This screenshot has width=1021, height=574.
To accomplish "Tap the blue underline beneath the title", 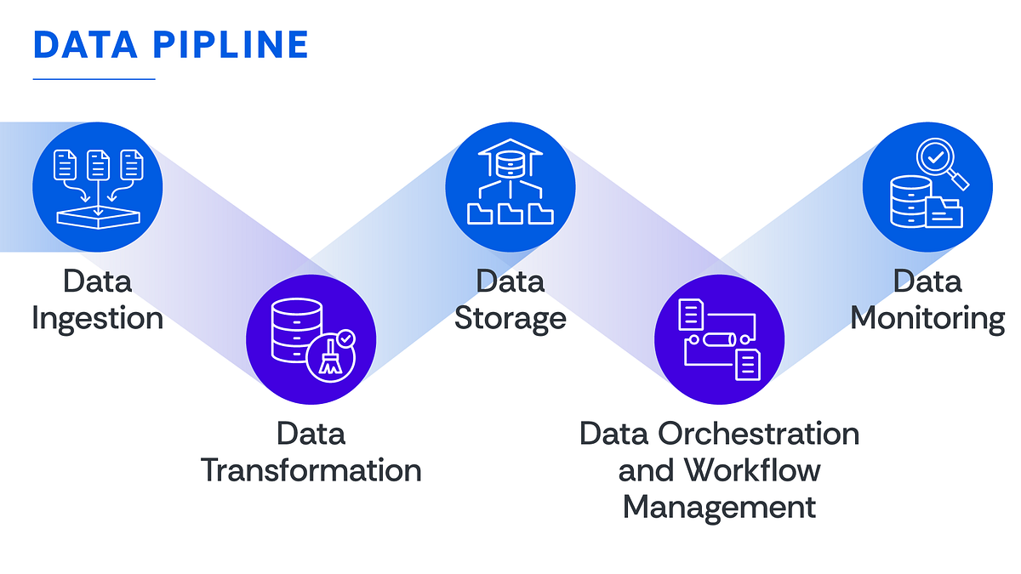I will click(94, 79).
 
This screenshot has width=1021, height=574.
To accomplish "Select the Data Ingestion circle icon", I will click(97, 187).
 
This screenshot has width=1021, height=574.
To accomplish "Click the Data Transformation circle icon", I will click(311, 338).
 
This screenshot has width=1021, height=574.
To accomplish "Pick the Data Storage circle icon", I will click(510, 187).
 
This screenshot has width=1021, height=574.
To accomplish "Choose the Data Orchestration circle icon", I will click(719, 338).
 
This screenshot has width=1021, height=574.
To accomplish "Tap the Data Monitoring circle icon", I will click(927, 187).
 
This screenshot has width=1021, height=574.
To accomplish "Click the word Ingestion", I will click(97, 319).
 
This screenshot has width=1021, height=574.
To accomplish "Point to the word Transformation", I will click(311, 470).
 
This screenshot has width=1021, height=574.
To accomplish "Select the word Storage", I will click(510, 319).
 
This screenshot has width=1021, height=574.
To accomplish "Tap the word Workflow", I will click(753, 470).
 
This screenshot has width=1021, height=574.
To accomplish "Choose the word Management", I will click(719, 507).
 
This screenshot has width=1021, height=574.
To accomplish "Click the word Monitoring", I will click(927, 319).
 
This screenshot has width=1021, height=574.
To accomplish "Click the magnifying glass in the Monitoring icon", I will click(940, 162).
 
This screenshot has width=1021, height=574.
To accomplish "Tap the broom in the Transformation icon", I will click(331, 360).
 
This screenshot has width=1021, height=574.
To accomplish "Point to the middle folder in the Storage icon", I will click(510, 213).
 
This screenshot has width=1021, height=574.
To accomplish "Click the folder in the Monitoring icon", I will click(944, 212).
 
